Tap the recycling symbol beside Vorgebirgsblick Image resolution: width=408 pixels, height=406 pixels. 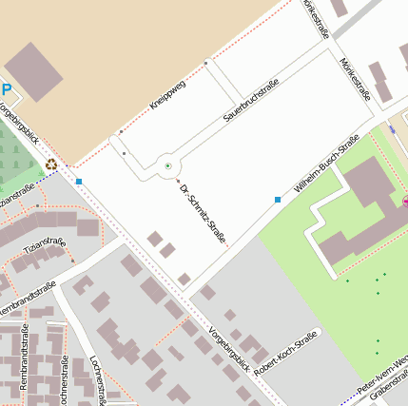pyautogui.click(x=51, y=164)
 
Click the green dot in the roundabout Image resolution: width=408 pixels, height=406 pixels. pyautogui.click(x=168, y=166)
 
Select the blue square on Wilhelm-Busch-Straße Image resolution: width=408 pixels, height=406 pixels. pyautogui.click(x=278, y=200)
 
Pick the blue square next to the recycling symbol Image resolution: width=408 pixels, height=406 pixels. pyautogui.click(x=79, y=181)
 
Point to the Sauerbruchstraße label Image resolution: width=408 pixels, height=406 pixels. pyautogui.click(x=251, y=102)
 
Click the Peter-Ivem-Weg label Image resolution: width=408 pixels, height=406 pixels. pyautogui.click(x=382, y=375)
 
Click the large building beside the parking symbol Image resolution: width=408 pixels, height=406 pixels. pyautogui.click(x=33, y=70)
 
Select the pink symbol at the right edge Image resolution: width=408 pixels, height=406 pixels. pyautogui.click(x=405, y=202)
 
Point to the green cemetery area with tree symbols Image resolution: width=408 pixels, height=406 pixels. pyautogui.click(x=17, y=162)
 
